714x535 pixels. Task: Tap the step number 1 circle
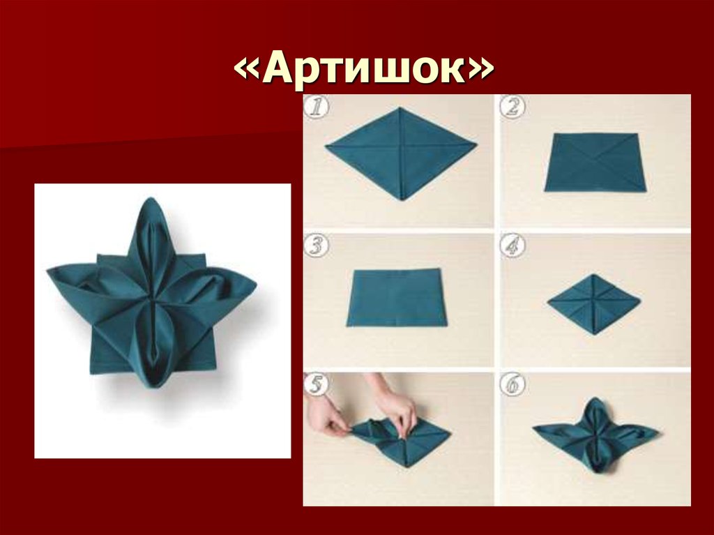point(316,108)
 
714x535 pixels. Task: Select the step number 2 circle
point(513,108)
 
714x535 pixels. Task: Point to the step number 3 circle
point(316,246)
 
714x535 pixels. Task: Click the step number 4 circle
point(513,246)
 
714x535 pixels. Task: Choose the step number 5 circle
point(316,384)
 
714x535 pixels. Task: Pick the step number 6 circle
point(513,384)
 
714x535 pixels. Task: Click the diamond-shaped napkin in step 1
point(400,153)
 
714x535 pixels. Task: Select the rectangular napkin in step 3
point(395,297)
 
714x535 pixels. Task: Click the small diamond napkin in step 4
point(593,303)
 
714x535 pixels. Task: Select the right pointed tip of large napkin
point(252,285)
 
